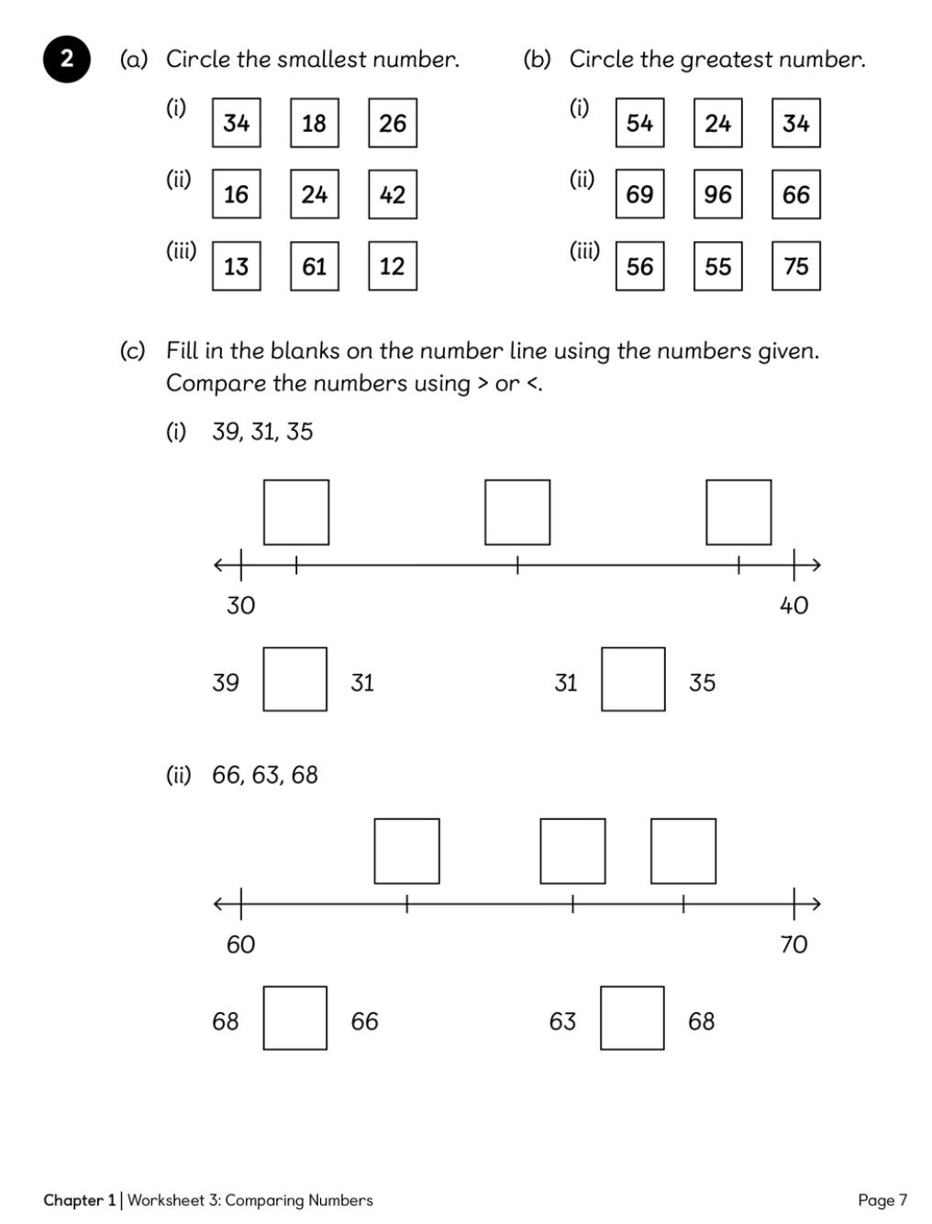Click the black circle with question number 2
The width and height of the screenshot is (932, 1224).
66,61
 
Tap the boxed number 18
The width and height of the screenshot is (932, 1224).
314,123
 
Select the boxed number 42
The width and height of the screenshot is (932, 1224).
393,194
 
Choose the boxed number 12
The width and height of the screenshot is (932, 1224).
393,266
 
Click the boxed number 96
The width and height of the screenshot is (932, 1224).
717,194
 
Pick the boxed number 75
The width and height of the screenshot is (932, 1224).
796,266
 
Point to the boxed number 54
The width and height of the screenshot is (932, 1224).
639,123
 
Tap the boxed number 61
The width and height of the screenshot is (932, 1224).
314,266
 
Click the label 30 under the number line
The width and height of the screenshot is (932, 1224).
241,605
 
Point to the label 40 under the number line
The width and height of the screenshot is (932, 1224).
793,605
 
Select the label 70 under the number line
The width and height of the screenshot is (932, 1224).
793,944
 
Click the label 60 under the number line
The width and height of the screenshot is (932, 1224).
241,944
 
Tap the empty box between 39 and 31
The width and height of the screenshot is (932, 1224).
295,679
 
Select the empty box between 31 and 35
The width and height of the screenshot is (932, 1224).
633,679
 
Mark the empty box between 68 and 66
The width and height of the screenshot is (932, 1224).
295,1018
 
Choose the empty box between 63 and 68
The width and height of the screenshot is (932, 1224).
632,1018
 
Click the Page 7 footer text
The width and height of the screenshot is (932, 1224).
882,1200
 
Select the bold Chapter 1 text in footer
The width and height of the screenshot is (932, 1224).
80,1200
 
